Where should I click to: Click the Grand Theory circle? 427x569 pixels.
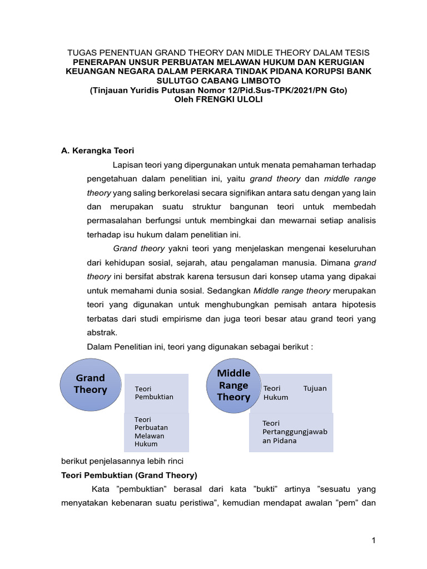(x=90, y=383)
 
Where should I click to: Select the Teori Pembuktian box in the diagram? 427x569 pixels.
(x=156, y=393)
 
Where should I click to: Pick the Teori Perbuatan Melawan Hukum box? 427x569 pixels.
(x=156, y=431)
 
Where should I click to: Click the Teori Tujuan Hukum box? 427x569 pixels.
(x=294, y=393)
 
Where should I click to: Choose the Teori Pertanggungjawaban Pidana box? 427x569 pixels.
(x=291, y=432)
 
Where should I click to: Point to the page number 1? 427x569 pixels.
(x=374, y=540)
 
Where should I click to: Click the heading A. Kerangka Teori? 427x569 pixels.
(x=97, y=151)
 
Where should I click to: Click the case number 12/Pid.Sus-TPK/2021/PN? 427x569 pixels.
(x=268, y=89)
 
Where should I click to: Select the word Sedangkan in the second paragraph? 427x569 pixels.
(x=233, y=290)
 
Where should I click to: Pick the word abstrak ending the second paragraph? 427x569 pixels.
(x=102, y=333)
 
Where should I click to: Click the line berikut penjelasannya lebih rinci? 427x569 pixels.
(x=122, y=461)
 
